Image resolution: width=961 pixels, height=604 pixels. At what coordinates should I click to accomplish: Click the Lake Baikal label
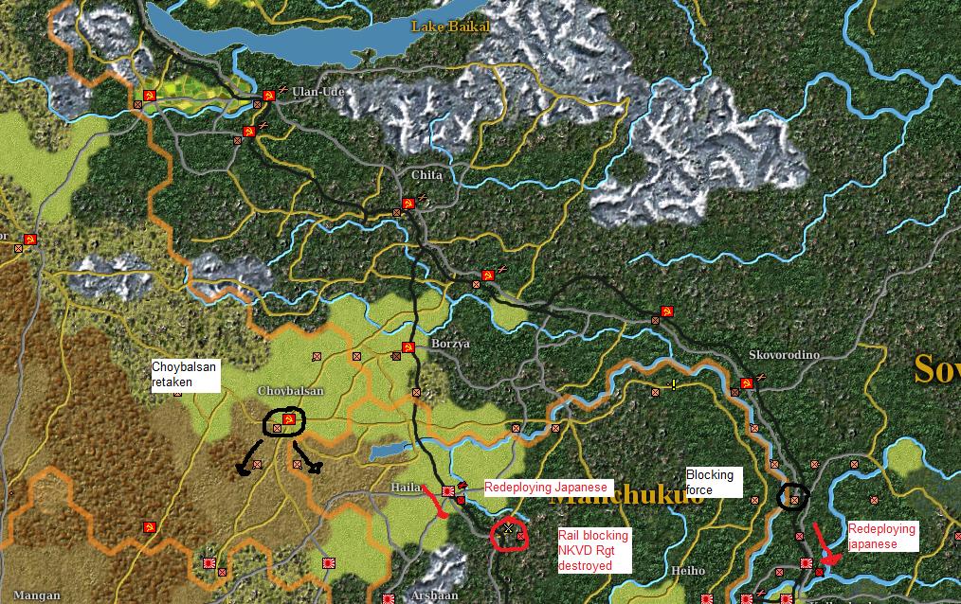tap(450, 27)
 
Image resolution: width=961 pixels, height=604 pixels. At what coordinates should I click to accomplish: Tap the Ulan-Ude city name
tap(317, 92)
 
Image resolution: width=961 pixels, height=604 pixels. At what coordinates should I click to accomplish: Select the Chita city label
tap(426, 176)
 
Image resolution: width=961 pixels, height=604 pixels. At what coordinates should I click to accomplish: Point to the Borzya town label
tap(450, 344)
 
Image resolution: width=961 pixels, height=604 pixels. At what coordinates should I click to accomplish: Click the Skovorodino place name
tap(784, 355)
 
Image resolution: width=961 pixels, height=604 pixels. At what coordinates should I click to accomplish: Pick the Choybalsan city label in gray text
tap(290, 391)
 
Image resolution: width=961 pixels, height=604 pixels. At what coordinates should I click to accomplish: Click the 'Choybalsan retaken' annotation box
tap(186, 375)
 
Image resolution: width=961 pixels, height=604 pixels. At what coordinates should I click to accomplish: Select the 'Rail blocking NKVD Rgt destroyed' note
tap(593, 550)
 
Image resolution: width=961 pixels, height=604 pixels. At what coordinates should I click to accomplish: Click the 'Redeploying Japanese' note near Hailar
tap(545, 488)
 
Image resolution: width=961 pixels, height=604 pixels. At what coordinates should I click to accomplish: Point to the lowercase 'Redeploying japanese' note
tap(881, 537)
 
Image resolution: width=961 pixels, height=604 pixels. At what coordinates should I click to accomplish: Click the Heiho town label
tap(688, 571)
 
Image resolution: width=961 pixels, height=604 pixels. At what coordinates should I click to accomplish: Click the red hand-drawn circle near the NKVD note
tap(510, 533)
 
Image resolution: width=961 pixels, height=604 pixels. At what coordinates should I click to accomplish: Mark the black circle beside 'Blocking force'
tap(794, 497)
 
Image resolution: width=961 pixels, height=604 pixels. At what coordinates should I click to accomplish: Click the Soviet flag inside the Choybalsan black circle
tap(290, 419)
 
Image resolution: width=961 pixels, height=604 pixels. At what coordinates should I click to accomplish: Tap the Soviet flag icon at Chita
tap(407, 204)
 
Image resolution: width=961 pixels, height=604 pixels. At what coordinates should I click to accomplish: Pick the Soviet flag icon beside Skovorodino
tap(747, 383)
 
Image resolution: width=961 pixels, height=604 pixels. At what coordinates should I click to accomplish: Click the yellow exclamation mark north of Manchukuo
tap(674, 384)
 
